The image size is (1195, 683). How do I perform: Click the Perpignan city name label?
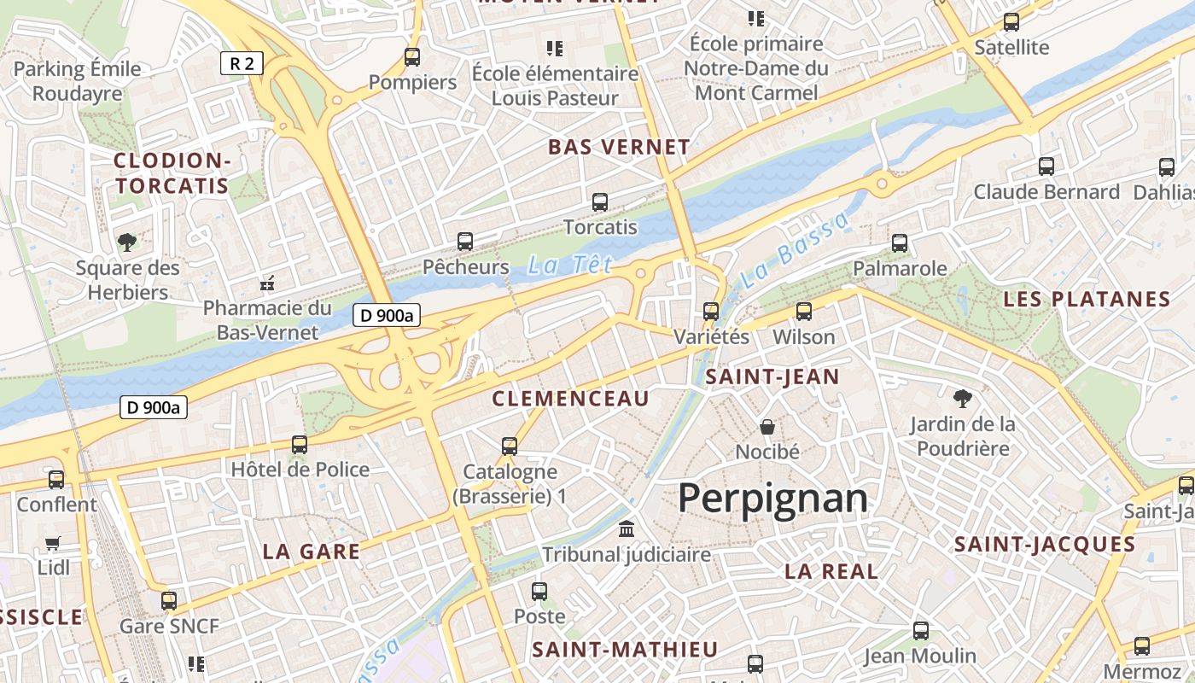coord(772,498)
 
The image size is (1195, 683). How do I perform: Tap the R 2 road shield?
coord(242,62)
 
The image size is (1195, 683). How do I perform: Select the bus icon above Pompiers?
coord(412,57)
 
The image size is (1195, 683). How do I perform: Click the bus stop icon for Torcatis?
coord(600,202)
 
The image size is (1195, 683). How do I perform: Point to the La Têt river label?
coord(569,266)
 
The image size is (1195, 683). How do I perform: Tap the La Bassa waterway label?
coord(795,249)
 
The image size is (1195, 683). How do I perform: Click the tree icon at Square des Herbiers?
coord(127,242)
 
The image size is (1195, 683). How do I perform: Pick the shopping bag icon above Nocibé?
coord(767,426)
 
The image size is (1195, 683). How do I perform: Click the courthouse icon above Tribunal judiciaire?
coord(627,529)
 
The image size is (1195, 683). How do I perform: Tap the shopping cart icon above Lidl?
coord(53,543)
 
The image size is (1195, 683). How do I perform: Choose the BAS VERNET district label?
coord(619,147)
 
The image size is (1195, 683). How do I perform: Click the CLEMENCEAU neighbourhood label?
coord(571,398)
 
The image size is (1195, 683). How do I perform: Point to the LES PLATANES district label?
coord(1087,299)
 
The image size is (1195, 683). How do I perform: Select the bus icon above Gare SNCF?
coord(169,600)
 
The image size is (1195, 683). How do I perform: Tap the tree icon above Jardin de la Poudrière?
coord(962,398)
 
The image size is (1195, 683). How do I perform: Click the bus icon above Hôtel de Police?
coord(300,444)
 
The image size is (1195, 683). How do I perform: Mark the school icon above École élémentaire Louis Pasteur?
coord(555,48)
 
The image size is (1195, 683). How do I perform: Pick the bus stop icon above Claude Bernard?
coord(1046,166)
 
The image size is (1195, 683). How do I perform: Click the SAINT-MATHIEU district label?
coord(625,649)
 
